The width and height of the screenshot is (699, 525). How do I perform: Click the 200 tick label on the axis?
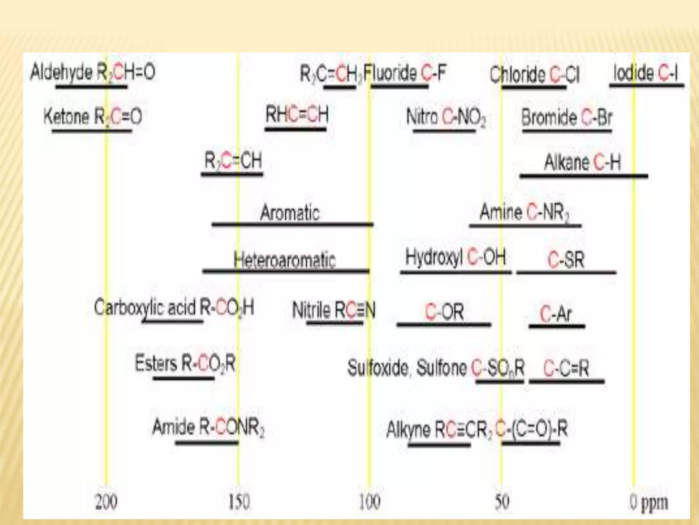(106, 502)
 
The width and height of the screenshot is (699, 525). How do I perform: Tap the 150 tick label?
(239, 502)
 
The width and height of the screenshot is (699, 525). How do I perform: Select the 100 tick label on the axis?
(369, 502)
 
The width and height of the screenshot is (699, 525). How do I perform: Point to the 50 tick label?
(502, 502)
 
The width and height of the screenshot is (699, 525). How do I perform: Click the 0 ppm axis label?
(648, 502)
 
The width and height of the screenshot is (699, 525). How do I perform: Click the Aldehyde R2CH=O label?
(92, 72)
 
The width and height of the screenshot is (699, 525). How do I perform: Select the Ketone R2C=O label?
(92, 117)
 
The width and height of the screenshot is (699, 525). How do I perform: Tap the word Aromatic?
(290, 212)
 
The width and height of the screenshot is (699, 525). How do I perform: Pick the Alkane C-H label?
(582, 162)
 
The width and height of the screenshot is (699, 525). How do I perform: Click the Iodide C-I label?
(645, 73)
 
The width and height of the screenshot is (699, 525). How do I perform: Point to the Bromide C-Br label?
(567, 117)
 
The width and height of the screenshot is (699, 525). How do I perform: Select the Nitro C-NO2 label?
(446, 117)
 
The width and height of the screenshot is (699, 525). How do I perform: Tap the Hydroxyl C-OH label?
(455, 257)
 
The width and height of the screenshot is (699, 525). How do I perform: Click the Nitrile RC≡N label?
(333, 310)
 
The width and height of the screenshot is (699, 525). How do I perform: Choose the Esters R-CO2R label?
(185, 363)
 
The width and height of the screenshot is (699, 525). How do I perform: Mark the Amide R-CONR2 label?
(208, 427)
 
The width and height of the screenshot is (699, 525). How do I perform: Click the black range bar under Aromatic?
(293, 224)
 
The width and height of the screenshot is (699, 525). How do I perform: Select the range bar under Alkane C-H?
(584, 176)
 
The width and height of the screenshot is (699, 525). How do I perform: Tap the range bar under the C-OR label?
(444, 324)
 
